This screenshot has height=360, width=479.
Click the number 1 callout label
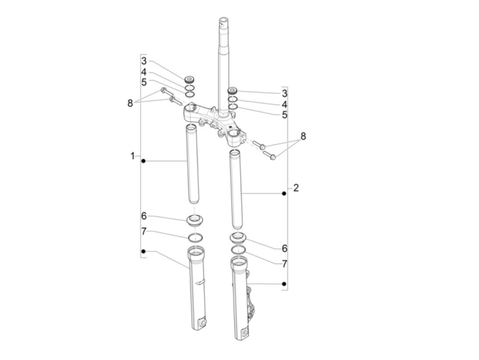tap(132, 156)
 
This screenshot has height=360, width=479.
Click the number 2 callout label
tap(296, 188)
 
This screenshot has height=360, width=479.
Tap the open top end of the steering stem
tap(223, 21)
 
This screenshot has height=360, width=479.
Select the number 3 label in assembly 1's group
tap(144, 61)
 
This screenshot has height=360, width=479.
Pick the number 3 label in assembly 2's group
tap(285, 93)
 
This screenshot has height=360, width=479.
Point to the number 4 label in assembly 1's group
tap(144, 72)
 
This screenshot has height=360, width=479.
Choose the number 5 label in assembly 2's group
tap(285, 115)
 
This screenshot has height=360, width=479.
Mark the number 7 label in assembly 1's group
tap(143, 231)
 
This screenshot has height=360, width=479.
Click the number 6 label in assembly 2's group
tap(285, 248)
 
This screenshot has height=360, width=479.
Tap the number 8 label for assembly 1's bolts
tap(130, 103)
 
